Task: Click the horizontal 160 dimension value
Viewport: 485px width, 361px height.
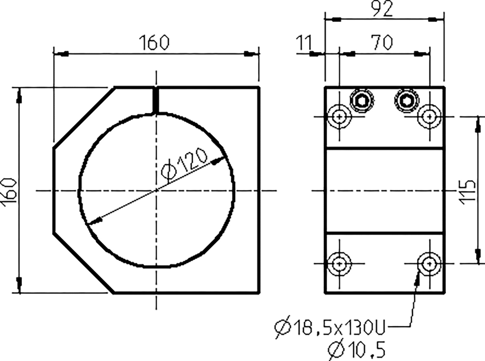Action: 154,43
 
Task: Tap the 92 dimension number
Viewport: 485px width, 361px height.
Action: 383,9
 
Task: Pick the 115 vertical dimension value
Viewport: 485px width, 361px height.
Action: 468,192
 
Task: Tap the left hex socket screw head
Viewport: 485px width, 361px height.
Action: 361,101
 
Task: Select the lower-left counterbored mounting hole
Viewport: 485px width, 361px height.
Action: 339,263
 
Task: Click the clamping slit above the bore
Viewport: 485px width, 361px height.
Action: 156,100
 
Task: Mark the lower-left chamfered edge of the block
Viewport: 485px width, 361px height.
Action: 83,263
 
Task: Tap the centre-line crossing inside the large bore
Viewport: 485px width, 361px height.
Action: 156,190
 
